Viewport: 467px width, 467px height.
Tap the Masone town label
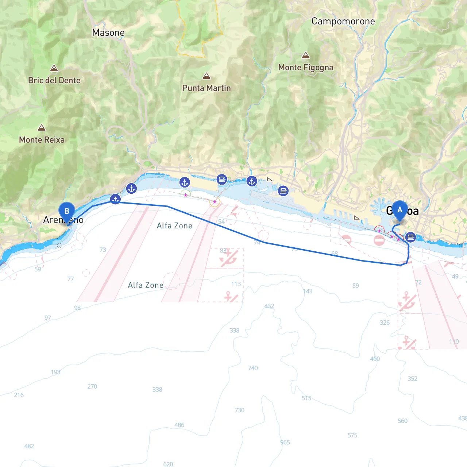[108, 32]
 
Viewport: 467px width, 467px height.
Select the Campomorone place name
[343, 22]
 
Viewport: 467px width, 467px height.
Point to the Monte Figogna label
[306, 67]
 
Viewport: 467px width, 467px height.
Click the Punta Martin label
[207, 88]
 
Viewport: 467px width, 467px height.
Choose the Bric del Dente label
[54, 80]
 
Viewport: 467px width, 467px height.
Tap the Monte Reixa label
[42, 140]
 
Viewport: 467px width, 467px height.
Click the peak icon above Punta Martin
[207, 76]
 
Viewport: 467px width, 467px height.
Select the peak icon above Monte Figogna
[306, 55]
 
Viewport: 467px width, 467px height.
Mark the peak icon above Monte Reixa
[42, 128]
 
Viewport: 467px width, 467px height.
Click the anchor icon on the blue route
[115, 199]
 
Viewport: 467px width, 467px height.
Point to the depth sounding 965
[285, 442]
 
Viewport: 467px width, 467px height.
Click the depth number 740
[253, 368]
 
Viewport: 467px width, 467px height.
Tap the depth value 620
[168, 464]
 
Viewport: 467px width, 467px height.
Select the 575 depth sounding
[352, 435]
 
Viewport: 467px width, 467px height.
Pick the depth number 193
[56, 372]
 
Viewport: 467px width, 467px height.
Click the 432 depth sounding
[269, 306]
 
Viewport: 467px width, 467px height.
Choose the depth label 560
[402, 421]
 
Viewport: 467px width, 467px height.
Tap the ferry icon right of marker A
[410, 238]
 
